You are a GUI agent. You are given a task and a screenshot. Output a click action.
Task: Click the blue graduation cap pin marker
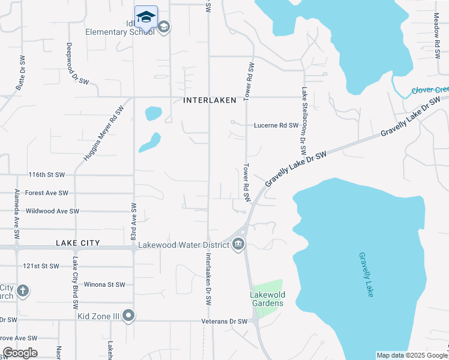(146, 17)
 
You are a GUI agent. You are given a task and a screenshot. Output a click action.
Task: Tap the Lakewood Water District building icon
(238, 244)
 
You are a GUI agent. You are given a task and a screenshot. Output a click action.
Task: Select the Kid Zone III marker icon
(128, 316)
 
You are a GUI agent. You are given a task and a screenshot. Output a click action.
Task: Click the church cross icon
(23, 291)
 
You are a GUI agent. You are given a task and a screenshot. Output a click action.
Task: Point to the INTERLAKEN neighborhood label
(209, 101)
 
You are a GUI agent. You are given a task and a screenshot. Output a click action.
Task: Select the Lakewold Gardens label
(267, 299)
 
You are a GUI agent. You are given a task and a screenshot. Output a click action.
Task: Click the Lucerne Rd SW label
(277, 125)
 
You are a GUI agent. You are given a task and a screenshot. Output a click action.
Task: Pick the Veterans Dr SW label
(224, 322)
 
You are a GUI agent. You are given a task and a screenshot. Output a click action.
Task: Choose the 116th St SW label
(46, 175)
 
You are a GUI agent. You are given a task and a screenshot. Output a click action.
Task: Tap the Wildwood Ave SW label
(52, 211)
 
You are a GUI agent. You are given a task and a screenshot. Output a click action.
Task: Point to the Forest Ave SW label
(47, 193)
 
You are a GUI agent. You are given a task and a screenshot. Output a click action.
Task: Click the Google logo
(20, 353)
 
